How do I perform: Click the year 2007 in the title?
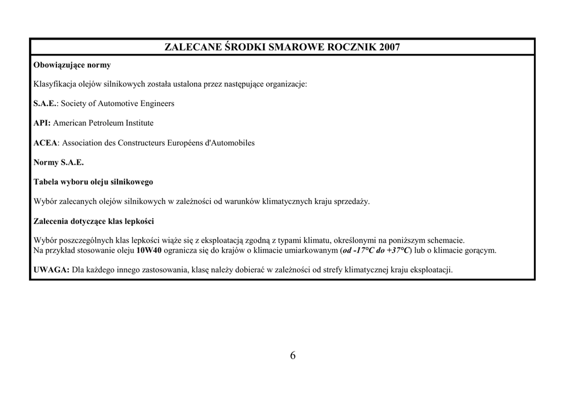[389, 47]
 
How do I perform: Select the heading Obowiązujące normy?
[72, 65]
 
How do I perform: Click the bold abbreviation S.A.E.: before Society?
[46, 104]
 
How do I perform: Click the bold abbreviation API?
[42, 123]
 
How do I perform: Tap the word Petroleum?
[106, 123]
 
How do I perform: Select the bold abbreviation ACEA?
[46, 143]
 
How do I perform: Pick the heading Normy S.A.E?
[59, 163]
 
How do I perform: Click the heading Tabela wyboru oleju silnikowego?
[93, 182]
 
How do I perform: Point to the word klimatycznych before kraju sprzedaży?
[287, 202]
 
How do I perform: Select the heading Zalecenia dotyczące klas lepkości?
[94, 221]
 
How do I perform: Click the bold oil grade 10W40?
[149, 250]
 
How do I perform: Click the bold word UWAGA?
[52, 270]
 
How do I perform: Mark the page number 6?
[293, 355]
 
